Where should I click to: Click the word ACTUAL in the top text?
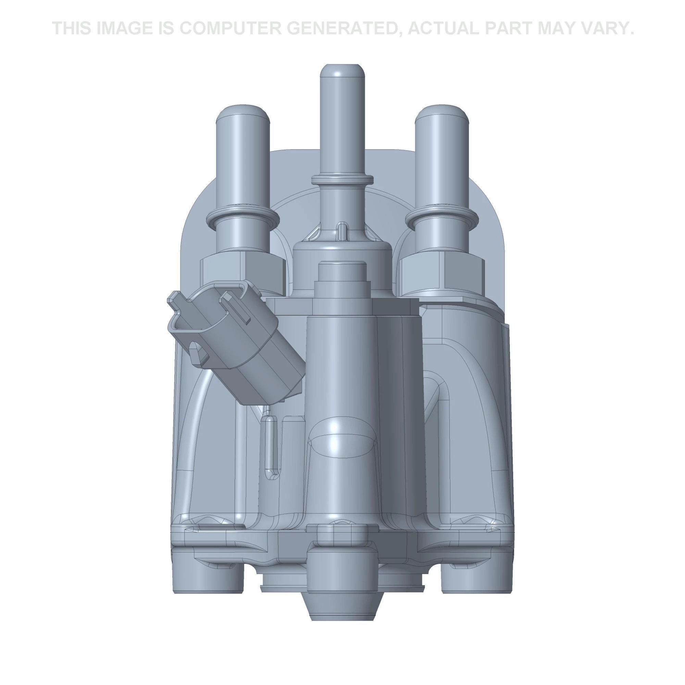[445, 28]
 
